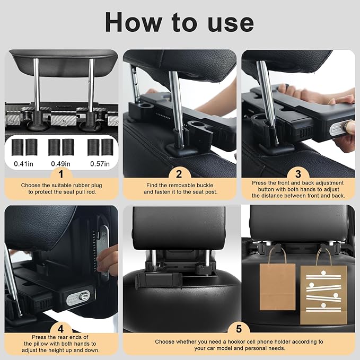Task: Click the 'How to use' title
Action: (x=180, y=22)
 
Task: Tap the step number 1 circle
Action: (x=61, y=173)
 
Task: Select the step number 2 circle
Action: (x=179, y=173)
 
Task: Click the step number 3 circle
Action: (x=298, y=173)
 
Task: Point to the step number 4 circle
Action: (x=61, y=329)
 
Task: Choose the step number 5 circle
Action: (x=239, y=329)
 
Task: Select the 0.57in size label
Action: (x=99, y=163)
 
